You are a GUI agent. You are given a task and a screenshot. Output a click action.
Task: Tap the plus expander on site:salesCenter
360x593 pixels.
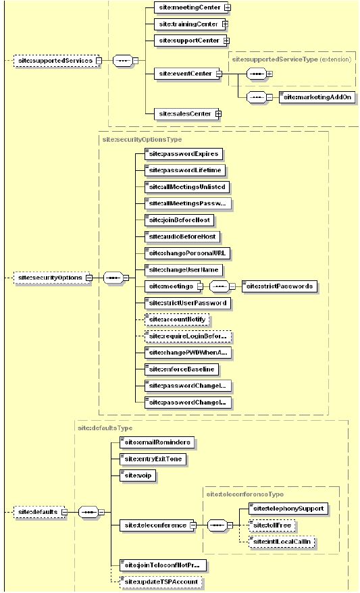218,113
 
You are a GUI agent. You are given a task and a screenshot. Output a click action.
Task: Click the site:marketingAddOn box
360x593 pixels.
317,97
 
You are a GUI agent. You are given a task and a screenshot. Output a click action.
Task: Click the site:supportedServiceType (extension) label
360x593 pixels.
291,59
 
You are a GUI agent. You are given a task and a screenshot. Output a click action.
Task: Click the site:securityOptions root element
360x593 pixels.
50,278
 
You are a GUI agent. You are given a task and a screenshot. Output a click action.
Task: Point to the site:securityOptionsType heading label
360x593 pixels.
132,139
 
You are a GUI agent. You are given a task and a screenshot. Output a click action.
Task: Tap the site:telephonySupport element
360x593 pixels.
283,509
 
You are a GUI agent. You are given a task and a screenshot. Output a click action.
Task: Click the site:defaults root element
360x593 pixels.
38,512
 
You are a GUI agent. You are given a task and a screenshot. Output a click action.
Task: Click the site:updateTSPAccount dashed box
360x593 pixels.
159,581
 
